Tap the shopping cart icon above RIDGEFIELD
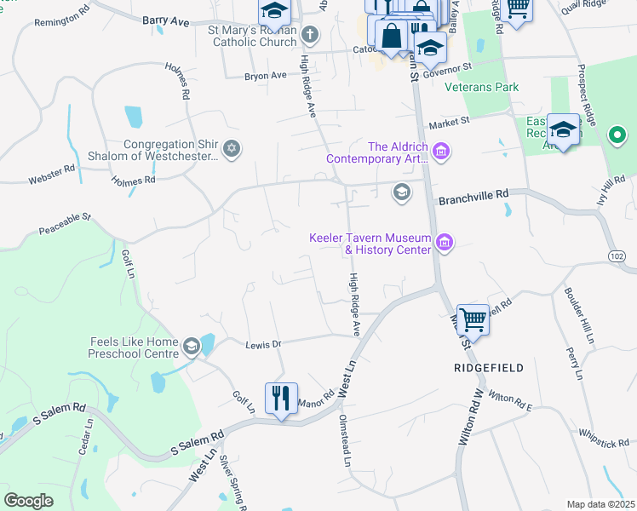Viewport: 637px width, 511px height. tap(473, 321)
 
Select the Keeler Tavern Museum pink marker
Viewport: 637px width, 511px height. tap(443, 244)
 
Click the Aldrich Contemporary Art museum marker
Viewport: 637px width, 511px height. tap(441, 153)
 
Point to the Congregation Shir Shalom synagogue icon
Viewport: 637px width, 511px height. tap(232, 150)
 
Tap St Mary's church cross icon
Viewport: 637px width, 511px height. tap(310, 36)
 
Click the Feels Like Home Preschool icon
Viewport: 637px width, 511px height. tap(191, 346)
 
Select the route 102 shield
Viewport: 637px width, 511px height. tap(617, 255)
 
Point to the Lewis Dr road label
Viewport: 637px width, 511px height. tap(263, 344)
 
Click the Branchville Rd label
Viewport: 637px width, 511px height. tap(473, 201)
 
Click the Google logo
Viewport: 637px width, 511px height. tap(28, 500)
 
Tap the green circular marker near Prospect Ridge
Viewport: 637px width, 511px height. tap(617, 135)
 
